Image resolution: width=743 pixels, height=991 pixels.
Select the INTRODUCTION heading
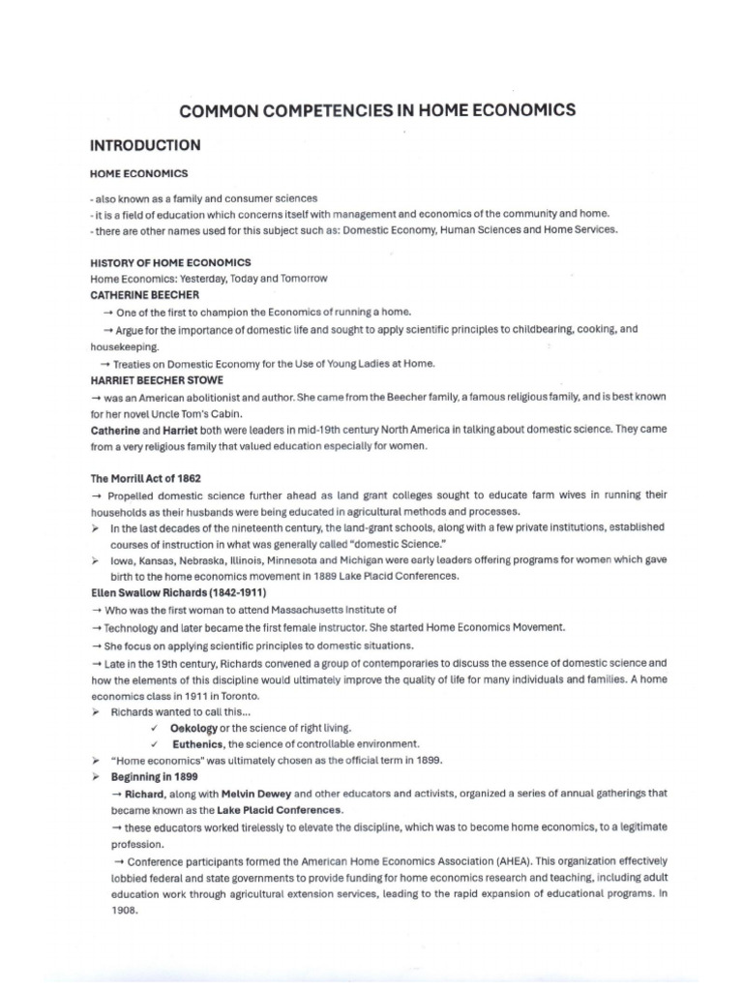[x=145, y=146]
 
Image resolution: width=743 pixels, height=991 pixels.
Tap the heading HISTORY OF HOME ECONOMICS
[x=170, y=263]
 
